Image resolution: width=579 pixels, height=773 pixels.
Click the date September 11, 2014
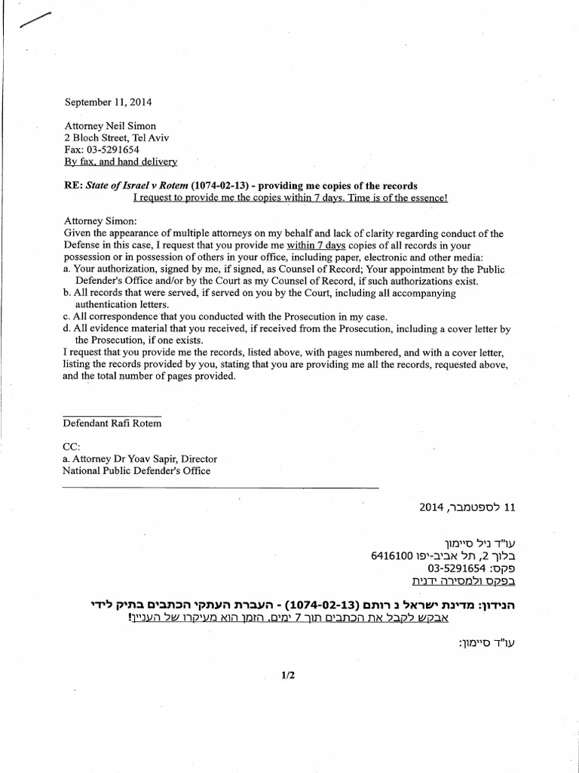click(109, 101)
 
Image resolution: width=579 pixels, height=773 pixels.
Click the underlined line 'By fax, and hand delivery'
click(121, 162)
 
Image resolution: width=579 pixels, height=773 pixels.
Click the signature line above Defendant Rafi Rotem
click(112, 415)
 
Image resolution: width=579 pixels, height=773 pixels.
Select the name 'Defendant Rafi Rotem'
click(112, 423)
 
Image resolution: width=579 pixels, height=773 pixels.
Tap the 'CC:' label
click(72, 447)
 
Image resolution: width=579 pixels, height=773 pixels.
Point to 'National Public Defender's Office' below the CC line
click(136, 471)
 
